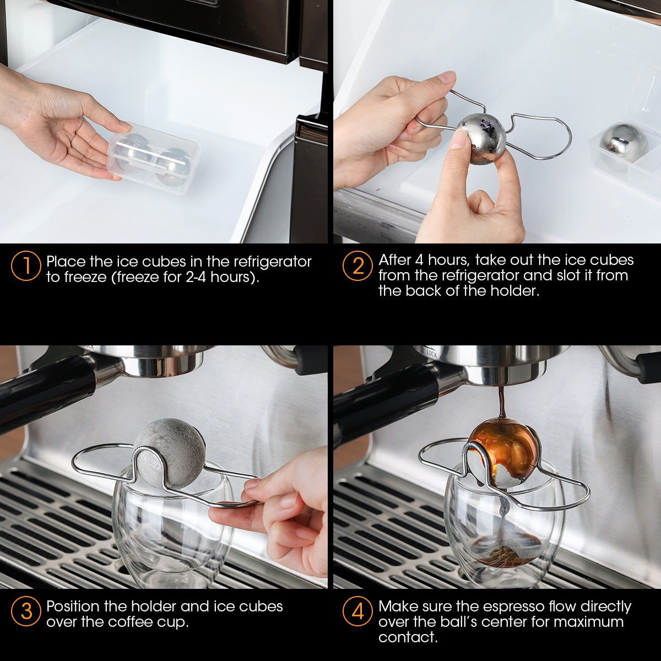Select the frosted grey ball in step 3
tap(169, 452)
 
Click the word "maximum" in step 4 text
tap(589, 622)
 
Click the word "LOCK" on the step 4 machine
tap(431, 354)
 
